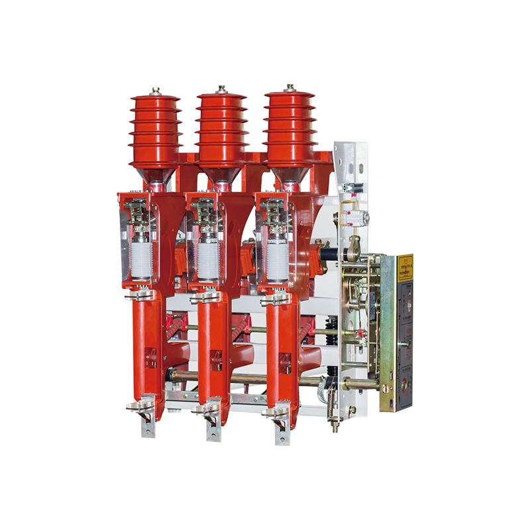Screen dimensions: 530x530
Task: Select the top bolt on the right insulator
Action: point(289,88)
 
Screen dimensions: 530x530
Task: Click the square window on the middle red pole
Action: point(217,362)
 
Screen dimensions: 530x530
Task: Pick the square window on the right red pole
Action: point(284,362)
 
